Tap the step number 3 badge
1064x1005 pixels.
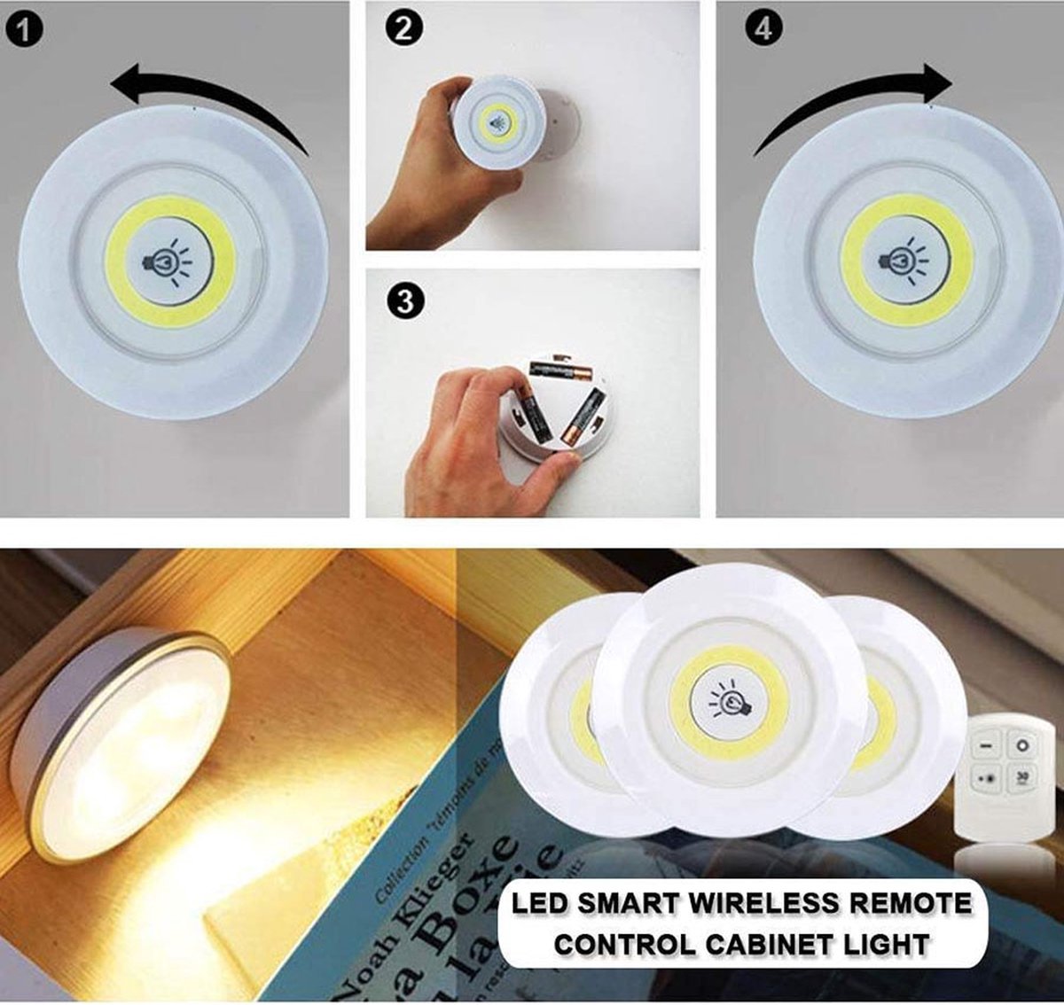pos(403,301)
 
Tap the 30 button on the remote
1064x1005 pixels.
pos(1021,777)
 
